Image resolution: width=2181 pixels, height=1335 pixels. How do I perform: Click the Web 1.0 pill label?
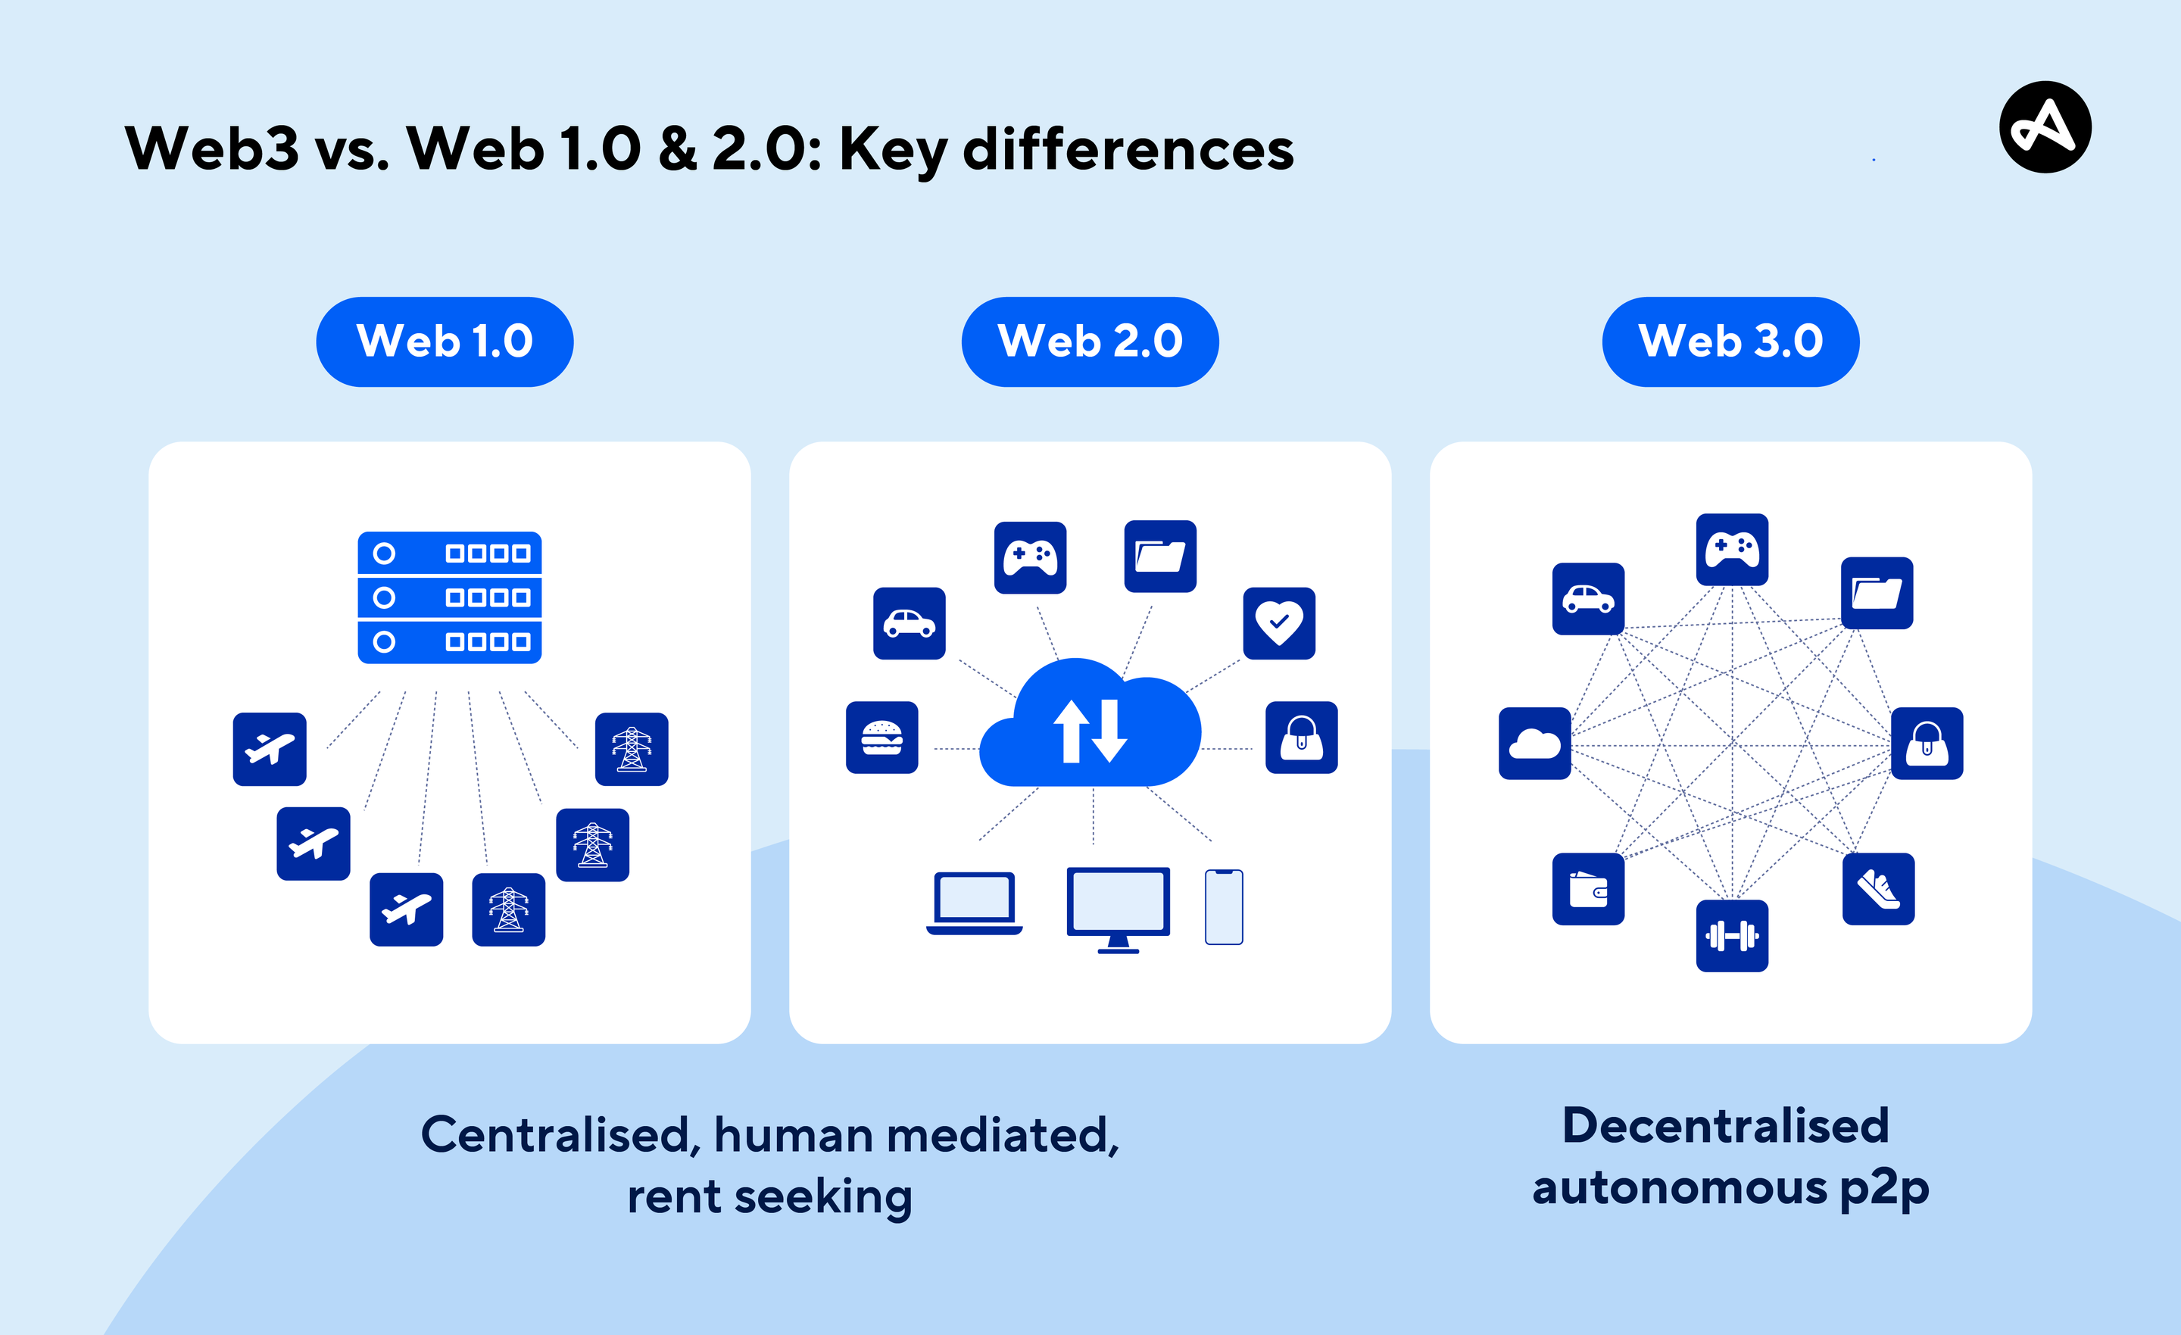point(445,342)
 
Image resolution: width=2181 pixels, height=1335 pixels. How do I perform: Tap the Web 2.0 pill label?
point(1090,342)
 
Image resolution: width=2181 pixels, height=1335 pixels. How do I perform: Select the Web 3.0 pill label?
point(1730,342)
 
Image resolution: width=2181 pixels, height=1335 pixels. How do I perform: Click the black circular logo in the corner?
point(2045,126)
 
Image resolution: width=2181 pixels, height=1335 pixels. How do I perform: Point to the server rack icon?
point(450,597)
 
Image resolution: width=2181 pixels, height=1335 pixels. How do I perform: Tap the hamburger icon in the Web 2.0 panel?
point(881,738)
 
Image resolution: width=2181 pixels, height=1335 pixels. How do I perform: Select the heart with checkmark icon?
point(1279,623)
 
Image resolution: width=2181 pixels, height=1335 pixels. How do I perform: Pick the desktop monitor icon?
point(1118,908)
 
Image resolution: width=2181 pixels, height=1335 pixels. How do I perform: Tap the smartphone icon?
point(1224,907)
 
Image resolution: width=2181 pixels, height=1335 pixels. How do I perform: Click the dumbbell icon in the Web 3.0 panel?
point(1732,936)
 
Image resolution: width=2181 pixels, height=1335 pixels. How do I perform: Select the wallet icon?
point(1588,889)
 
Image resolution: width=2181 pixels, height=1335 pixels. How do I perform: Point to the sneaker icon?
point(1878,889)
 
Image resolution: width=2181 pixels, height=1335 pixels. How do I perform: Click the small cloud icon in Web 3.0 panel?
point(1535,744)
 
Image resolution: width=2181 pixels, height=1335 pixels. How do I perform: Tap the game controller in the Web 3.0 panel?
point(1732,549)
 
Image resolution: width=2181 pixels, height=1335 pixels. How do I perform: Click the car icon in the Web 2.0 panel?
point(909,623)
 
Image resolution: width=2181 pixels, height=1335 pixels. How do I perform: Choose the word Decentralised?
point(1725,1126)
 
